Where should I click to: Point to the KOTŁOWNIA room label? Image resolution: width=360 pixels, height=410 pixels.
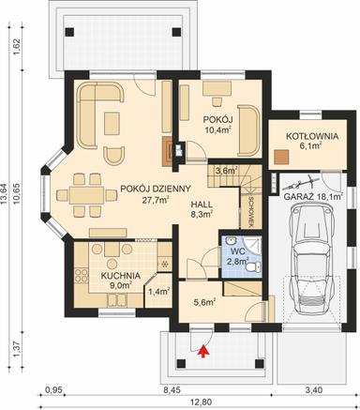pos(293,135)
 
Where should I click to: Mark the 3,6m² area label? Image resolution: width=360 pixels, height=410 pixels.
pos(225,171)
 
